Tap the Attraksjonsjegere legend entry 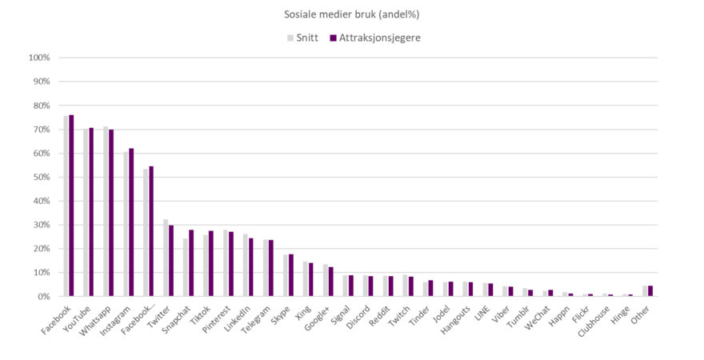tap(375, 37)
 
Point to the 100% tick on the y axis tap(39, 58)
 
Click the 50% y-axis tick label tap(41, 177)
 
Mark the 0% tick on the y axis tap(43, 296)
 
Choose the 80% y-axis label tap(41, 106)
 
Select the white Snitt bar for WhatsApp tap(106, 211)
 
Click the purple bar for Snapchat tap(191, 263)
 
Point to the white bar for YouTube tap(86, 212)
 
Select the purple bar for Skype tap(291, 275)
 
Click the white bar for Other tap(645, 291)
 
